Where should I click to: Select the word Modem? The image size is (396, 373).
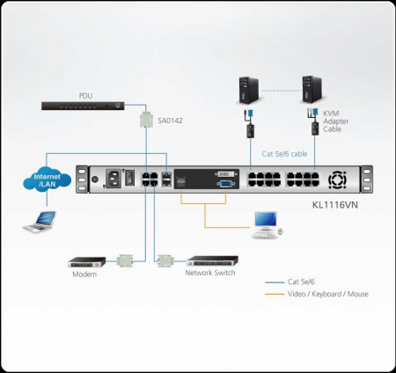(x=84, y=275)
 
